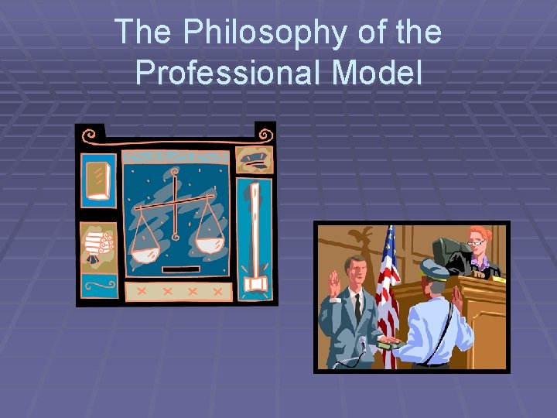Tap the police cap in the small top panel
(255, 159)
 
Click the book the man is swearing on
(387, 345)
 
